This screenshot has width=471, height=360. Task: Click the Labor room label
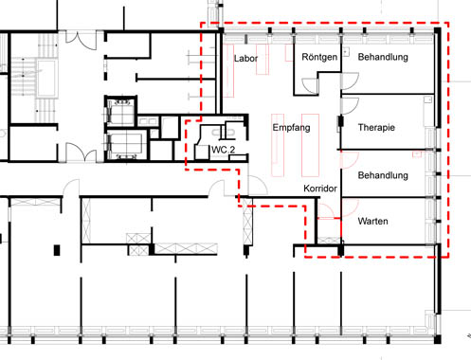point(245,59)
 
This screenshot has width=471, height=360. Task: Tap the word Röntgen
point(319,57)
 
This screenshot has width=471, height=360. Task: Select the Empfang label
point(291,128)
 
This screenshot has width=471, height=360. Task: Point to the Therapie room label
point(376,128)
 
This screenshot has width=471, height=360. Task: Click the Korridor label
point(320,189)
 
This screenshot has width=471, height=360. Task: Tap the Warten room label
point(372,221)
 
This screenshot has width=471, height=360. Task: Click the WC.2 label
point(223,150)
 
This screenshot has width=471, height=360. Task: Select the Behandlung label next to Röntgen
point(383,57)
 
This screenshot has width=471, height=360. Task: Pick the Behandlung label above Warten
point(383,175)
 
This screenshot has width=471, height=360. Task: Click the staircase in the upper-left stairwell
point(35,78)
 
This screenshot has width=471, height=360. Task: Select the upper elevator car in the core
point(120,112)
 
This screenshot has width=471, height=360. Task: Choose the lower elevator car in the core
point(126,145)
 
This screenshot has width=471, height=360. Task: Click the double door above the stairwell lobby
point(81,41)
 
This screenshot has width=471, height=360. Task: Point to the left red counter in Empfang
point(278,145)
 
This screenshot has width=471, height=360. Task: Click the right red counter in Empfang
point(310,145)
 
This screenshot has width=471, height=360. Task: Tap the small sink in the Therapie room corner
point(428,99)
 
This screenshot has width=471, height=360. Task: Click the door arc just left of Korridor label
point(258,186)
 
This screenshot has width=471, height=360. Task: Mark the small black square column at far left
point(57,250)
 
